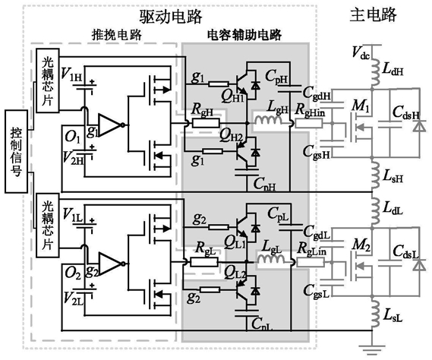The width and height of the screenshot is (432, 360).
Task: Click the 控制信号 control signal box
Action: [x=16, y=151]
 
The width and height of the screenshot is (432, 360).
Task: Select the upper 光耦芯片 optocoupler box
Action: [x=48, y=81]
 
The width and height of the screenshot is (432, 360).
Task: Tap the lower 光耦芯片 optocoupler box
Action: [x=48, y=226]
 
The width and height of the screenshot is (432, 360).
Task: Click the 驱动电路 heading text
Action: [x=171, y=17]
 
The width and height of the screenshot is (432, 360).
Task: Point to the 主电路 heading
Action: [x=374, y=14]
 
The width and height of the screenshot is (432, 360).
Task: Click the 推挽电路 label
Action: [x=116, y=35]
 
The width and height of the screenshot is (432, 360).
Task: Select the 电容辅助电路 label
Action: [x=244, y=35]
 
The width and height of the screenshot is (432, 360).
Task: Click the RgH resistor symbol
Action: [x=206, y=123]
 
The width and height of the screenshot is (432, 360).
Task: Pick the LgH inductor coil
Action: [x=268, y=120]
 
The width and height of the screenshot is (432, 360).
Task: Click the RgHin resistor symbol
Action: [x=309, y=123]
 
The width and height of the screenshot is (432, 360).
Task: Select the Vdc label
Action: [x=361, y=52]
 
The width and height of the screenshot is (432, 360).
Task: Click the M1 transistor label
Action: [x=361, y=105]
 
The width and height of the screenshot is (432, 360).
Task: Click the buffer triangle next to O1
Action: [x=109, y=125]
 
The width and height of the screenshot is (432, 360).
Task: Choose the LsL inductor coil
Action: [x=375, y=313]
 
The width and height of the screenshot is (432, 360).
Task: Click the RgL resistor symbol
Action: [x=204, y=262]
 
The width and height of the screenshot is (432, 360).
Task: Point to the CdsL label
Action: [x=406, y=251]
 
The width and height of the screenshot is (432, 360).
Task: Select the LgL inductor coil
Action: [x=271, y=259]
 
